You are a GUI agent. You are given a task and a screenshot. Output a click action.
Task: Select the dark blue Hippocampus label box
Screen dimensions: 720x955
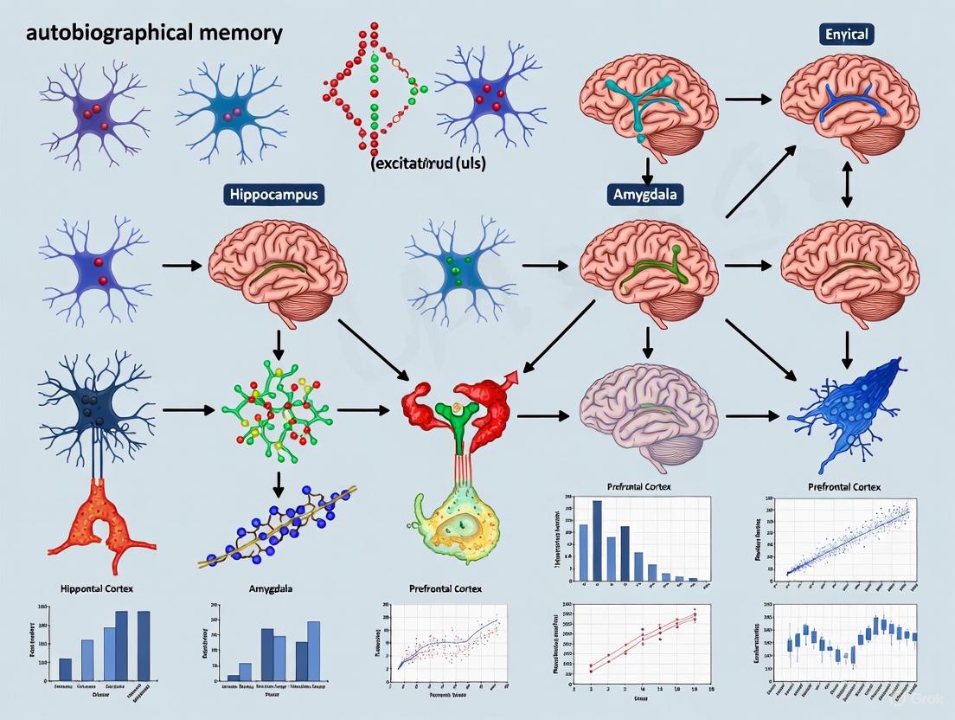tap(273, 194)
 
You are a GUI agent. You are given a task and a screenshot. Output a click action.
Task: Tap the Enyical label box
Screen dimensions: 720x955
tap(846, 35)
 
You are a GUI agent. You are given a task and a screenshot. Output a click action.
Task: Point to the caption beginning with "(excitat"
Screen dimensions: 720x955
tap(427, 163)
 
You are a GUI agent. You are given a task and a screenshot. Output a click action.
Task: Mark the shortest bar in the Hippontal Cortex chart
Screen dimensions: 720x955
tap(65, 670)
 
